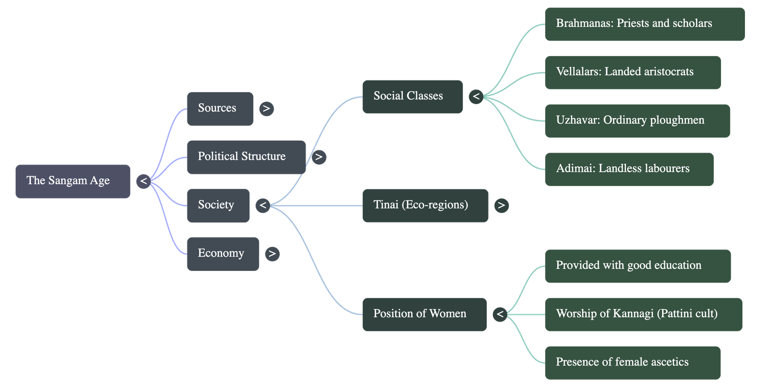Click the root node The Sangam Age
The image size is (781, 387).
(73, 181)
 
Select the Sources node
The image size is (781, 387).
(220, 108)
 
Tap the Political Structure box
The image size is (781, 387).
(246, 157)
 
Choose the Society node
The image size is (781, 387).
(218, 205)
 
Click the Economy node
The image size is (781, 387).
(223, 253)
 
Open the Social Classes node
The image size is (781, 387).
(412, 97)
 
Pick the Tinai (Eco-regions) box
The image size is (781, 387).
(425, 205)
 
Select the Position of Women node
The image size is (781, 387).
(424, 314)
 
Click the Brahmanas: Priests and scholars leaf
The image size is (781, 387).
(644, 24)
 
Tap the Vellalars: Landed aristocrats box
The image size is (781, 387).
(633, 72)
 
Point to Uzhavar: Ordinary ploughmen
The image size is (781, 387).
(637, 121)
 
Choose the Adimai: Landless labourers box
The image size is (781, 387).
(629, 169)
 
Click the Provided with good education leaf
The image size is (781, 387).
(637, 265)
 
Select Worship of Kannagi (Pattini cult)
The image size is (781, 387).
(643, 314)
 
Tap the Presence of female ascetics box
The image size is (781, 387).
(632, 362)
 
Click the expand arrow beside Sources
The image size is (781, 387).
(266, 109)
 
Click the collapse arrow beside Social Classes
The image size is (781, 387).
(476, 97)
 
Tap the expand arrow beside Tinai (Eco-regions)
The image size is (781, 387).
(501, 205)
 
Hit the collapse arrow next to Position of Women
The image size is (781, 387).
(500, 314)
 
